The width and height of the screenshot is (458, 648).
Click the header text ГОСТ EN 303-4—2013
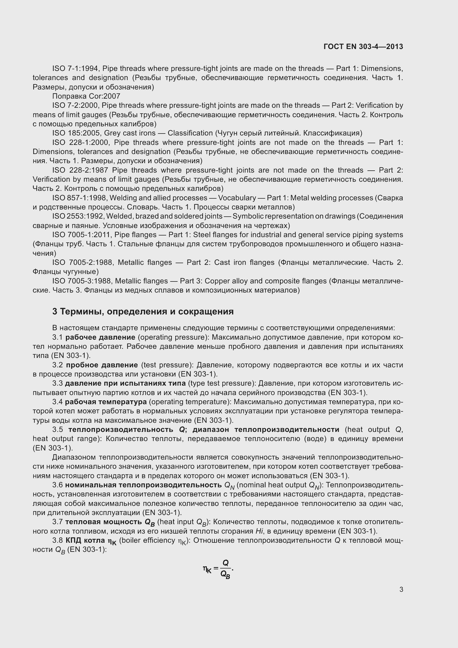point(363,47)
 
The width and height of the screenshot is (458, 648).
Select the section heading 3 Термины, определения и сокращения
point(143,312)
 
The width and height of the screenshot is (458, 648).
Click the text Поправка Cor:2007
point(86,96)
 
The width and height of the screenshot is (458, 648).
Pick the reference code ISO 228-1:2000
point(81,142)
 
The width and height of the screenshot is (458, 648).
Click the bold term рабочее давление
point(101,337)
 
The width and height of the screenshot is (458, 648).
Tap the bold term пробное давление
point(102,365)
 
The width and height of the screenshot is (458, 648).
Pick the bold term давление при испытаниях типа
point(125,383)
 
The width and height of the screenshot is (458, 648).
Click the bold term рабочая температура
point(106,402)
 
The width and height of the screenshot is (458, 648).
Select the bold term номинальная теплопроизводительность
point(143,485)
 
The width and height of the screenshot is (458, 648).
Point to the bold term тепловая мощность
point(104,522)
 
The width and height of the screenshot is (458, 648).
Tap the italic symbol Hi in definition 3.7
point(259,531)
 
